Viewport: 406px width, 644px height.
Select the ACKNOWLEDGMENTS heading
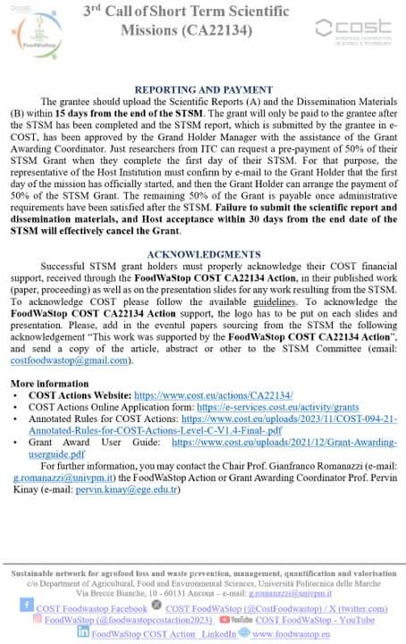(204, 254)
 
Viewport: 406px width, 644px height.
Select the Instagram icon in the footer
(37, 618)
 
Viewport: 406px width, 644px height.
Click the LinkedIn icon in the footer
(83, 631)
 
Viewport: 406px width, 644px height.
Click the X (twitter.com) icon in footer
(158, 606)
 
